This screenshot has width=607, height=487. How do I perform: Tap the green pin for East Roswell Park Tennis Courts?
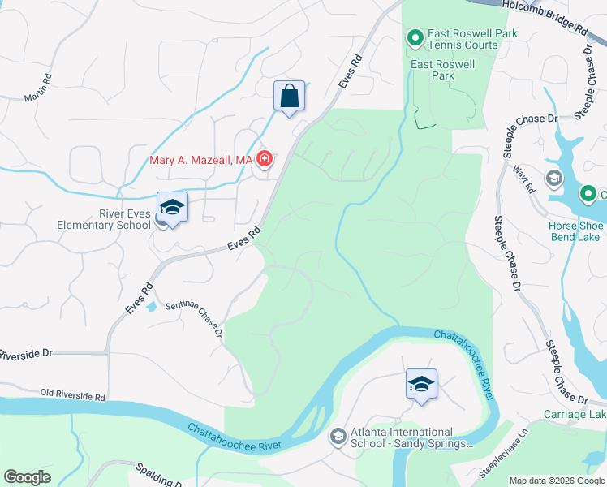415,38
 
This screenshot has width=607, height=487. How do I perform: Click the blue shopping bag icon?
290,97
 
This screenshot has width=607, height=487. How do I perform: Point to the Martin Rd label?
37,88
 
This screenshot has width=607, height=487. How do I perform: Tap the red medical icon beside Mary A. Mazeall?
264,159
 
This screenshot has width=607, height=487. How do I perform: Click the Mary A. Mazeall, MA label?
201,160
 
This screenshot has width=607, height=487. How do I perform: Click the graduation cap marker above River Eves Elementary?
172,208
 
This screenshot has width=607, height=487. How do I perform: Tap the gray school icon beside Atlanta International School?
338,437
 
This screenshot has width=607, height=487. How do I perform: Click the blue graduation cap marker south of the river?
421,384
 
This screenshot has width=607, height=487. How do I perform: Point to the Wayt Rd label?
524,179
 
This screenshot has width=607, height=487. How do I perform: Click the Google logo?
27,477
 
